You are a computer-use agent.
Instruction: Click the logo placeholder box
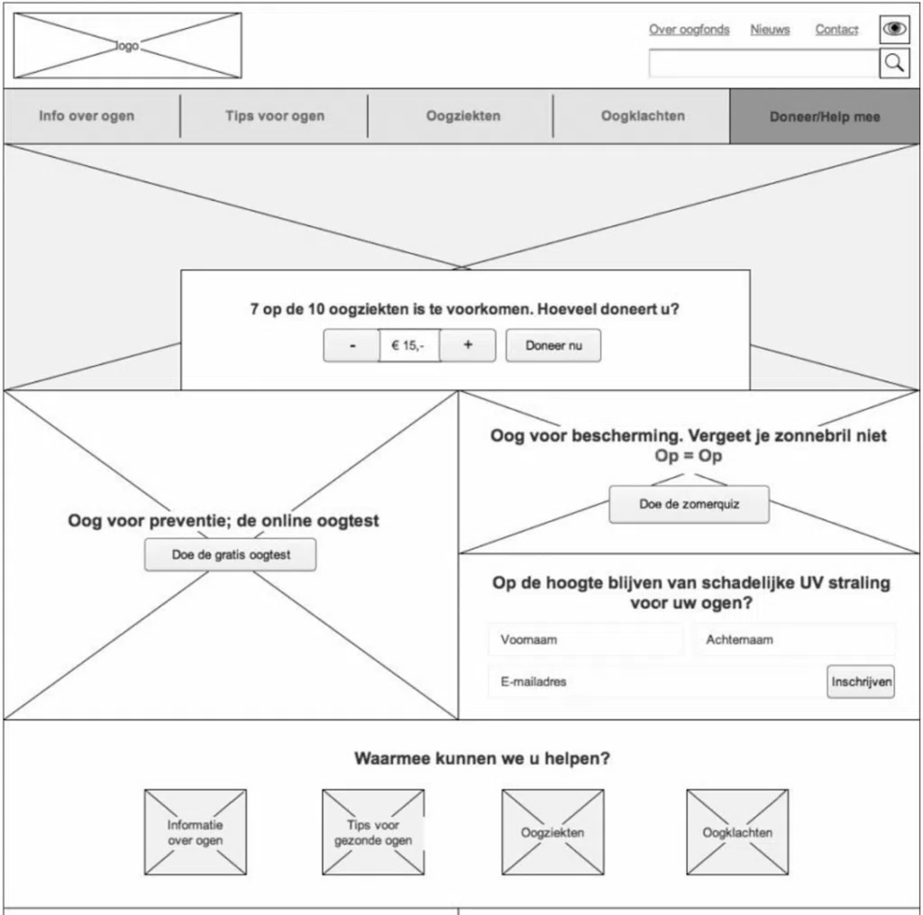(x=127, y=46)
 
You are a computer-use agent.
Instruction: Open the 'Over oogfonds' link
(x=689, y=30)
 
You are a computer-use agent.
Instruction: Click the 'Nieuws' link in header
(x=770, y=30)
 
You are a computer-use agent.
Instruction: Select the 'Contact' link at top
(x=836, y=30)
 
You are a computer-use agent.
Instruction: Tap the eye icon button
(x=894, y=29)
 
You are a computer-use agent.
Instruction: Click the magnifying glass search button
(x=894, y=63)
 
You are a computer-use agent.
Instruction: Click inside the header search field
(x=763, y=63)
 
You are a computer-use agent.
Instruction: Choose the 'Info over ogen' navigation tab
(x=87, y=116)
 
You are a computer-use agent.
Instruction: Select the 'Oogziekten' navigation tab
(x=462, y=116)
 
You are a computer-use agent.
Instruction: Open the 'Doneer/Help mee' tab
(x=825, y=117)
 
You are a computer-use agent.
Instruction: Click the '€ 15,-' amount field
(x=408, y=346)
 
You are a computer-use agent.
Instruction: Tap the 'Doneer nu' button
(x=553, y=346)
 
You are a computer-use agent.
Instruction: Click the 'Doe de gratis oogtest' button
(x=231, y=555)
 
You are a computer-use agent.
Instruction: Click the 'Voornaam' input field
(x=585, y=640)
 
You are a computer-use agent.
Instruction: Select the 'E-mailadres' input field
(x=654, y=682)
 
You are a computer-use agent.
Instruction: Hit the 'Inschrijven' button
(x=861, y=682)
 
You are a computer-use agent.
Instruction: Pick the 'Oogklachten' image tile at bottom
(x=737, y=833)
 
